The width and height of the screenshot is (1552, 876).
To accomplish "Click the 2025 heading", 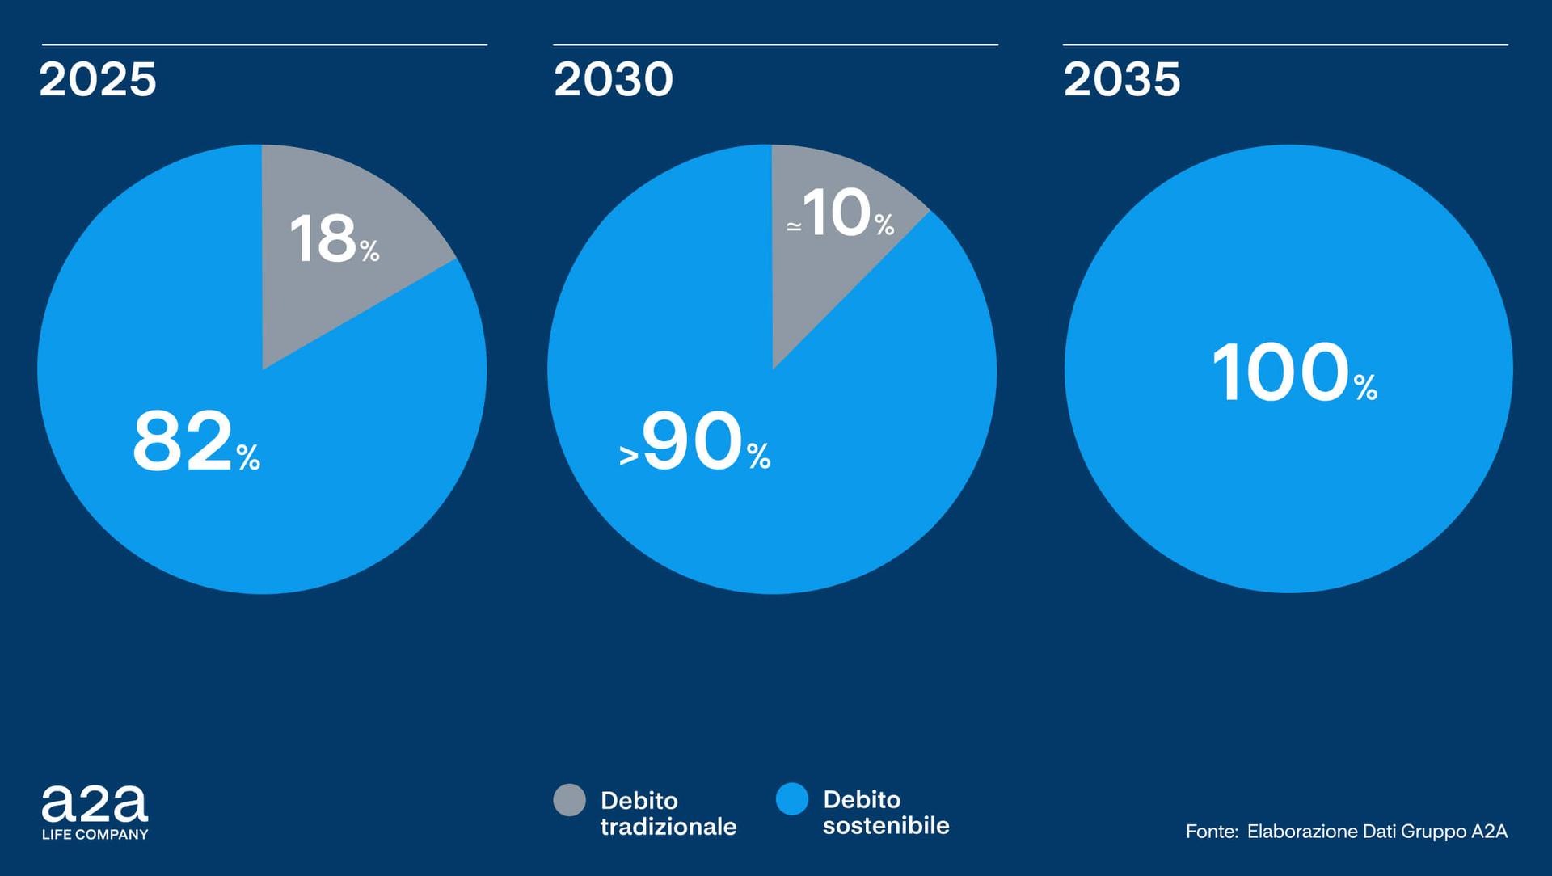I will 98,79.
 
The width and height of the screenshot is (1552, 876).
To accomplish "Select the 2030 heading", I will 613,79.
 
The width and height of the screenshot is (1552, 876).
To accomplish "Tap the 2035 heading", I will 1122,79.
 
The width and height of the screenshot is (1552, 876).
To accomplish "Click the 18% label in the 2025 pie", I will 334,239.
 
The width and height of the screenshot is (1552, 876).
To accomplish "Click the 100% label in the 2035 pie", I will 1293,373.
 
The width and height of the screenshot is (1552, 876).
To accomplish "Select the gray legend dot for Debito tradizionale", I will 569,800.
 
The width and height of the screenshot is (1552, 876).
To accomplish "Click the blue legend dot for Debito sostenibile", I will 792,799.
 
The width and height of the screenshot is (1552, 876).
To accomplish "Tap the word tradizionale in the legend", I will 668,827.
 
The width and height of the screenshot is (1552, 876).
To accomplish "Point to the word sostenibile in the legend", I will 886,825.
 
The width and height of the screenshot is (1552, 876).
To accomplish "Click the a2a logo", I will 95,804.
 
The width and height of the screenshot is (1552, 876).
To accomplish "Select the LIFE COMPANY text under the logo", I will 95,834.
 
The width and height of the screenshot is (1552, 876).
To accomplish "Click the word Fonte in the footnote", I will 1211,831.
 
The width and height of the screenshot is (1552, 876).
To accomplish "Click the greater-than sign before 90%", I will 629,456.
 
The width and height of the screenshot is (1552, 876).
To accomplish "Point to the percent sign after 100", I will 1366,388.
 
